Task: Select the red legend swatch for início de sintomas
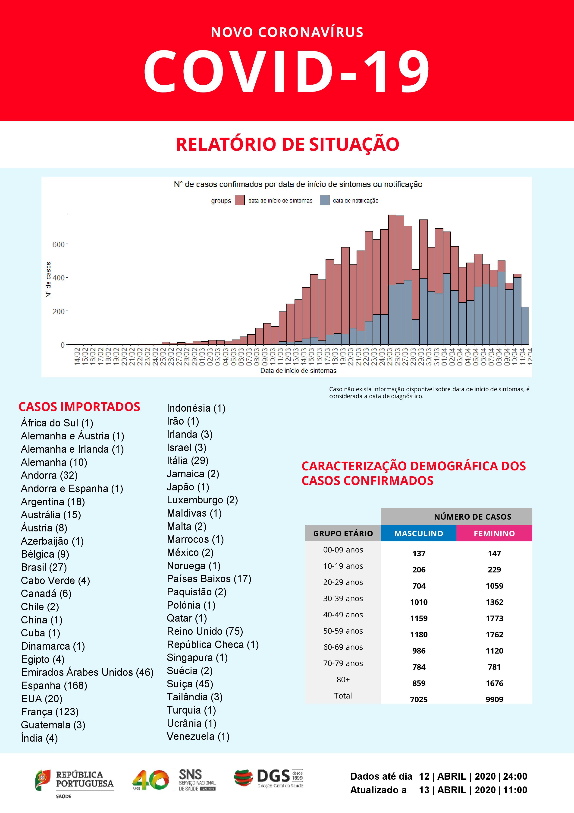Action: pos(240,200)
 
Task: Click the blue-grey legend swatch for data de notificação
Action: pos(324,200)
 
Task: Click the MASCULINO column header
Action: pos(418,533)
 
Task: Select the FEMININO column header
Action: pos(494,533)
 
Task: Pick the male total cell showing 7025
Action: pos(419,699)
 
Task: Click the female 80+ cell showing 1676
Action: pos(494,683)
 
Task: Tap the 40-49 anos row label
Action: pos(343,615)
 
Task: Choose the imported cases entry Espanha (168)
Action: pos(54,686)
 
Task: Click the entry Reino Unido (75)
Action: pos(205,631)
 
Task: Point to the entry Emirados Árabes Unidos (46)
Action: pos(87,672)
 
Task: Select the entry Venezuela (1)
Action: pos(198,737)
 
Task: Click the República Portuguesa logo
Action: pos(74,781)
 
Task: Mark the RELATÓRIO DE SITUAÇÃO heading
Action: pos(287,144)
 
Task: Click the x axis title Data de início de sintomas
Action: pos(298,371)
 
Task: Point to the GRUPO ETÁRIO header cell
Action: pos(343,533)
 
